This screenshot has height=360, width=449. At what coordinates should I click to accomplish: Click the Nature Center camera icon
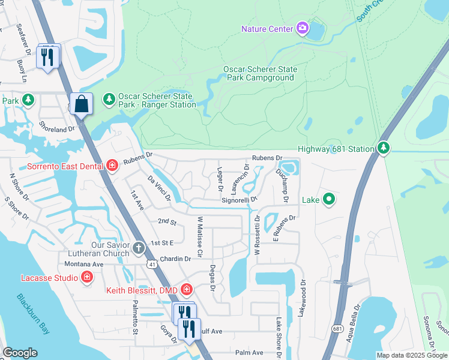[303, 28]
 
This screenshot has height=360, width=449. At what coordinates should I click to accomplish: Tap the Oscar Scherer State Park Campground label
[260, 73]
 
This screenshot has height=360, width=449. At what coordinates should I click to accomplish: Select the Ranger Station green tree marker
[109, 98]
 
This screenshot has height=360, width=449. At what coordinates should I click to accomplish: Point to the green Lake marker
[328, 199]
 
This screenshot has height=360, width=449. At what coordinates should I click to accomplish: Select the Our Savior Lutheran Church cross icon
[139, 247]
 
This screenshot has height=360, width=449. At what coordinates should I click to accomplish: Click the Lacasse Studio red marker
[87, 277]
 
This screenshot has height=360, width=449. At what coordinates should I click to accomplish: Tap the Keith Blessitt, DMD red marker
[187, 290]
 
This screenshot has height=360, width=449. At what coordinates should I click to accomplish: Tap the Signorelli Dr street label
[239, 199]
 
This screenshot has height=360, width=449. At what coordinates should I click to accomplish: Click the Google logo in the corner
[20, 352]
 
